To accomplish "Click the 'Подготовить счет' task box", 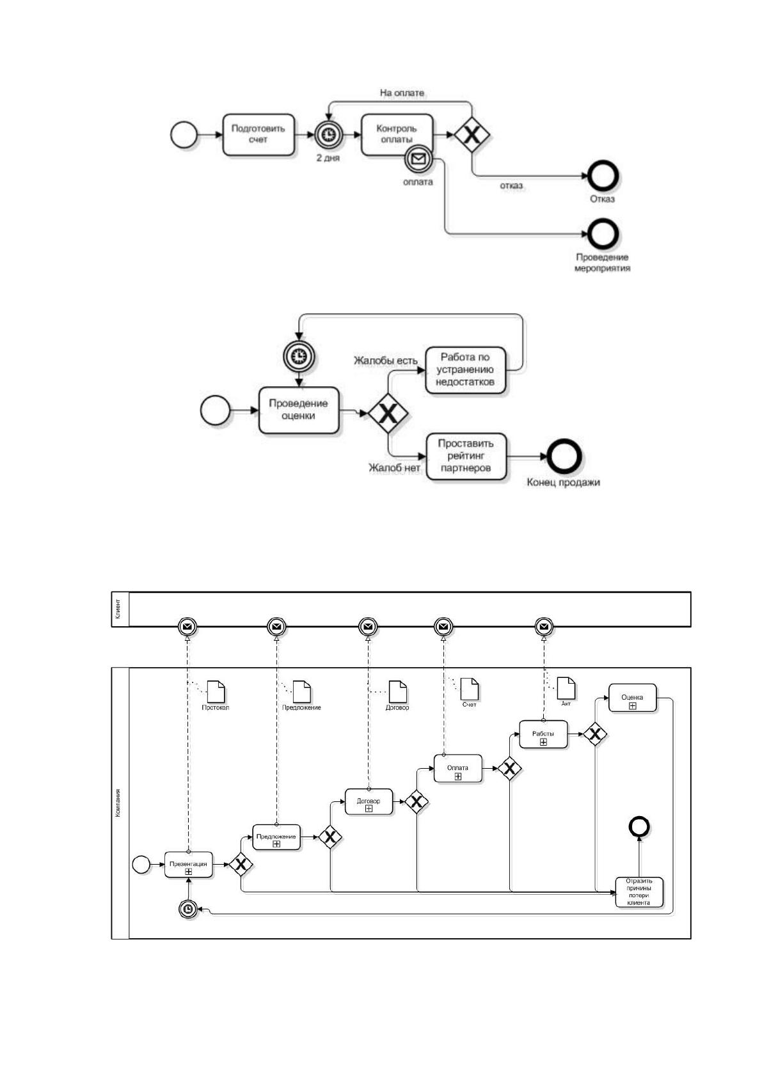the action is (258, 134).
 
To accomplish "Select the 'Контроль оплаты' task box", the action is (397, 134).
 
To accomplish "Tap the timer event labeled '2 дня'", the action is (329, 135).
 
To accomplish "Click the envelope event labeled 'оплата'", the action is (418, 159).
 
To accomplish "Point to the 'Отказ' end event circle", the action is (603, 176).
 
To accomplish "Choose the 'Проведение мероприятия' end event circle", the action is (603, 234).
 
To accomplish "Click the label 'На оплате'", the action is (402, 93).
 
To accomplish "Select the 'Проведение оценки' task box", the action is (299, 410).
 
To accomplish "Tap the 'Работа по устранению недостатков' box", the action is (465, 370).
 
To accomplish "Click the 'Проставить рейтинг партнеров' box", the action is (466, 456).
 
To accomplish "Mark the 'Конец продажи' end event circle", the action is (564, 457).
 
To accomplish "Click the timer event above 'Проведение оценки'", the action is (299, 357).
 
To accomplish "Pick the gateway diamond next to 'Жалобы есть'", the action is (388, 413).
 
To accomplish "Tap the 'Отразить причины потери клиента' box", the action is (639, 906).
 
